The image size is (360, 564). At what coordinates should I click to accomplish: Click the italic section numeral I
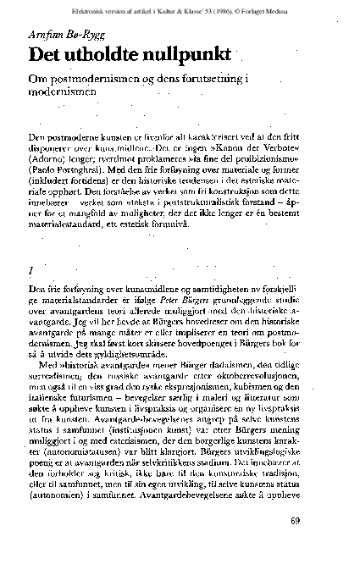click(30, 268)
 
